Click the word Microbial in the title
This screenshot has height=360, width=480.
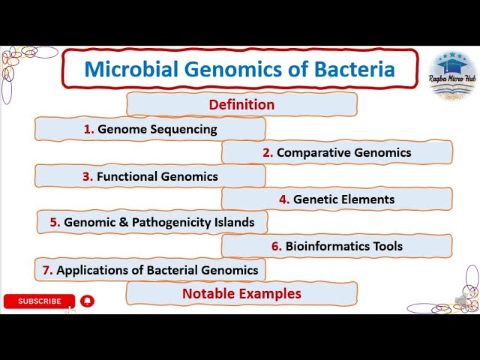click(131, 69)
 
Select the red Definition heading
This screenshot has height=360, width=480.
click(241, 105)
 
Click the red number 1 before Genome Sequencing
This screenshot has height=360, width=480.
click(88, 129)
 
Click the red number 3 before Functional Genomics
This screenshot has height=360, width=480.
click(88, 177)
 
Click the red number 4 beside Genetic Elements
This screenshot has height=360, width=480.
click(284, 199)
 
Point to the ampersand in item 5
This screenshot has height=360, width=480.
click(124, 222)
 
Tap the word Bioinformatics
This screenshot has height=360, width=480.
click(328, 246)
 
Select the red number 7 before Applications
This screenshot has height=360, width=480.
click(48, 270)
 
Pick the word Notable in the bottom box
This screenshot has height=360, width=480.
click(208, 293)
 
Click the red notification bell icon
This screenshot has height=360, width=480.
click(87, 301)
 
